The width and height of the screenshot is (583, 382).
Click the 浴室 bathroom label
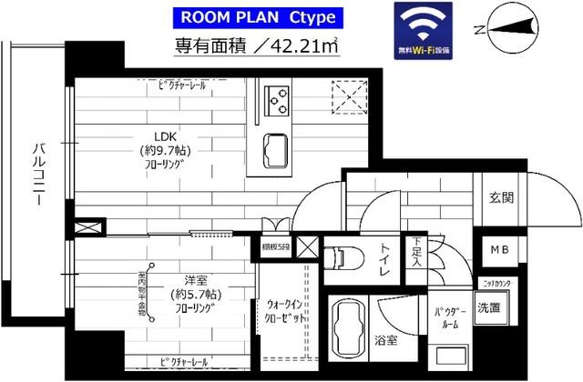(x=385, y=342)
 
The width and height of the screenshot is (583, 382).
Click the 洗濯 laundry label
(x=488, y=307)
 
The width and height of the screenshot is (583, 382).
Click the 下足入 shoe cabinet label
(x=415, y=252)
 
